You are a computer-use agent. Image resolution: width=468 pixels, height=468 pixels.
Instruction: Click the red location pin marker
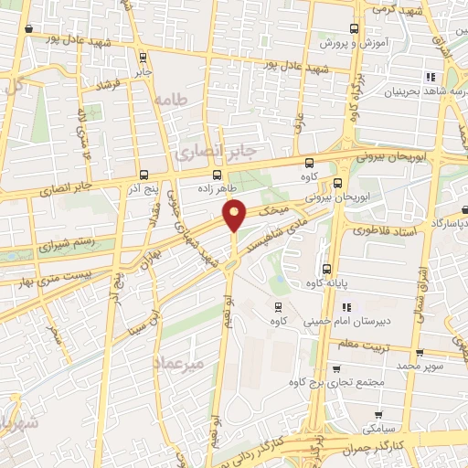(x=235, y=215)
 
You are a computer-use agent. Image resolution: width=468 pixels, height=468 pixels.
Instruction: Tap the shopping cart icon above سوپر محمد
(x=419, y=352)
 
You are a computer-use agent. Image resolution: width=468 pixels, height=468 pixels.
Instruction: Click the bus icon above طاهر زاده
(x=217, y=174)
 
